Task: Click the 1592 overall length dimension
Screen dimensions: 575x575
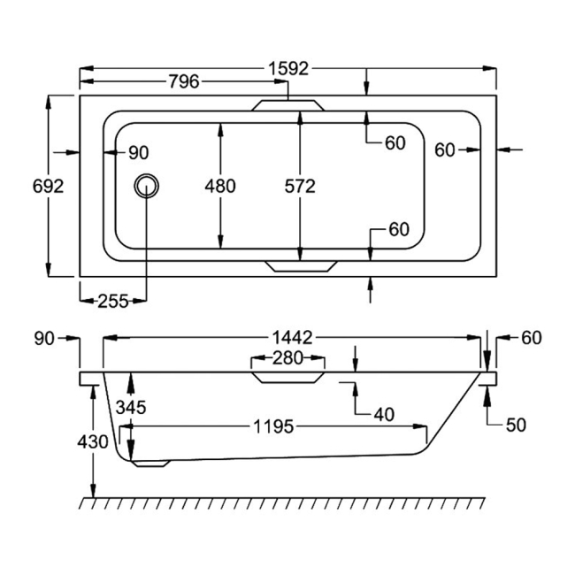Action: pyautogui.click(x=288, y=69)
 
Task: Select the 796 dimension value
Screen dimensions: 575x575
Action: pyautogui.click(x=184, y=81)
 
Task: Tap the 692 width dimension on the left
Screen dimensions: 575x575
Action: pyautogui.click(x=48, y=187)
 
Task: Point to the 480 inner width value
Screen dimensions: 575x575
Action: pyautogui.click(x=220, y=187)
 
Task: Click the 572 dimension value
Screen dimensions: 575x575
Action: pyautogui.click(x=300, y=187)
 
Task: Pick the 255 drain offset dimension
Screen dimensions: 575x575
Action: pyautogui.click(x=113, y=302)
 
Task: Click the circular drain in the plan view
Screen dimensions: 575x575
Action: pyautogui.click(x=146, y=186)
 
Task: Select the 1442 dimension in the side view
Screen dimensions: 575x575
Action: pyautogui.click(x=292, y=338)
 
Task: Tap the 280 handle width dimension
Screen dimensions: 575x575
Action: pyautogui.click(x=287, y=358)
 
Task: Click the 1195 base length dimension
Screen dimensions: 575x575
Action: pyautogui.click(x=273, y=426)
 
